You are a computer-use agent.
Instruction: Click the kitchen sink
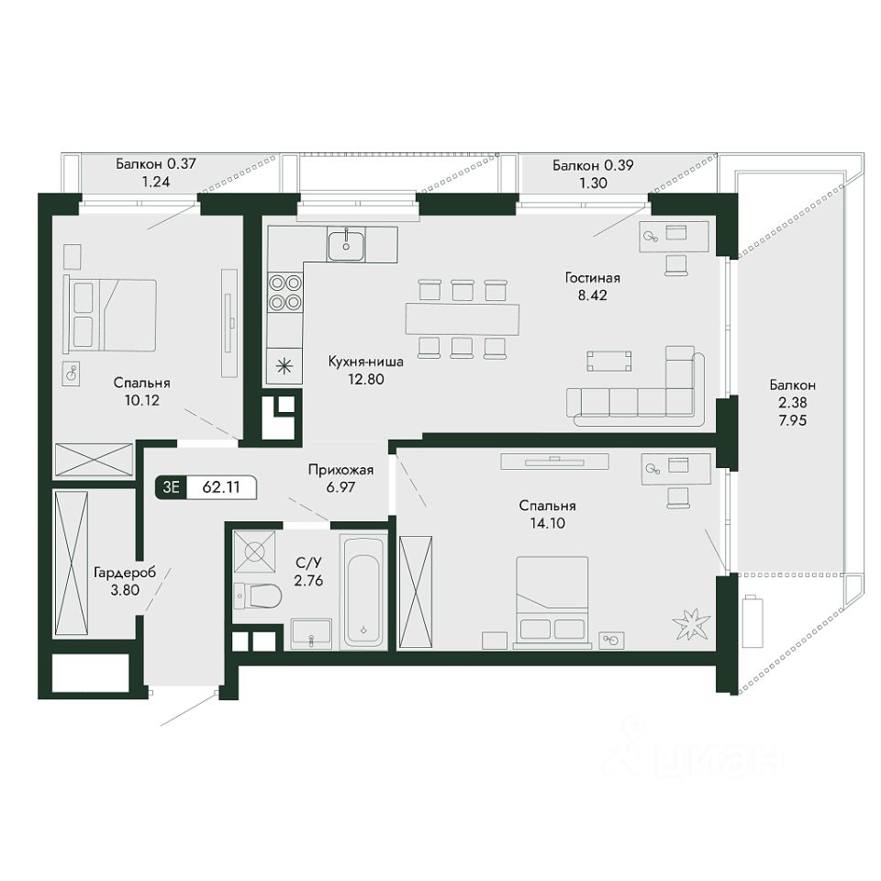pos(346,244)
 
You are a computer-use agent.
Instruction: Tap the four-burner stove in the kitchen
pos(285,293)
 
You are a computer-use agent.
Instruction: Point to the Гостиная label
pos(592,277)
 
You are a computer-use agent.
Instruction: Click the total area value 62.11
pos(221,487)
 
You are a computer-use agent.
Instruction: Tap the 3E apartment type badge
pos(171,487)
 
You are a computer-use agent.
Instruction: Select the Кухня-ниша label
pos(366,362)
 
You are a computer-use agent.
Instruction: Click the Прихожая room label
pos(340,470)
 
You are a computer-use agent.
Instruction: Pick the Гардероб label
pos(125,573)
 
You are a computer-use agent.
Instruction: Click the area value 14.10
pos(547,523)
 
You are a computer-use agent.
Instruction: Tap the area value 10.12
pos(141,400)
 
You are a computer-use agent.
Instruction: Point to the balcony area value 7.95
pos(792,419)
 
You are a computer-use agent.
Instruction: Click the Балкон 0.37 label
pos(156,164)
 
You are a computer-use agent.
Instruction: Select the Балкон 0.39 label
pos(593,165)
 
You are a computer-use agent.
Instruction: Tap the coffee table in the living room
pos(609,361)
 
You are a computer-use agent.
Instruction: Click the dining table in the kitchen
pos(463,319)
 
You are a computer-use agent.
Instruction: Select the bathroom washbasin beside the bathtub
pos(311,634)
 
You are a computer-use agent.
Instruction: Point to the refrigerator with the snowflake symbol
pos(285,366)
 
